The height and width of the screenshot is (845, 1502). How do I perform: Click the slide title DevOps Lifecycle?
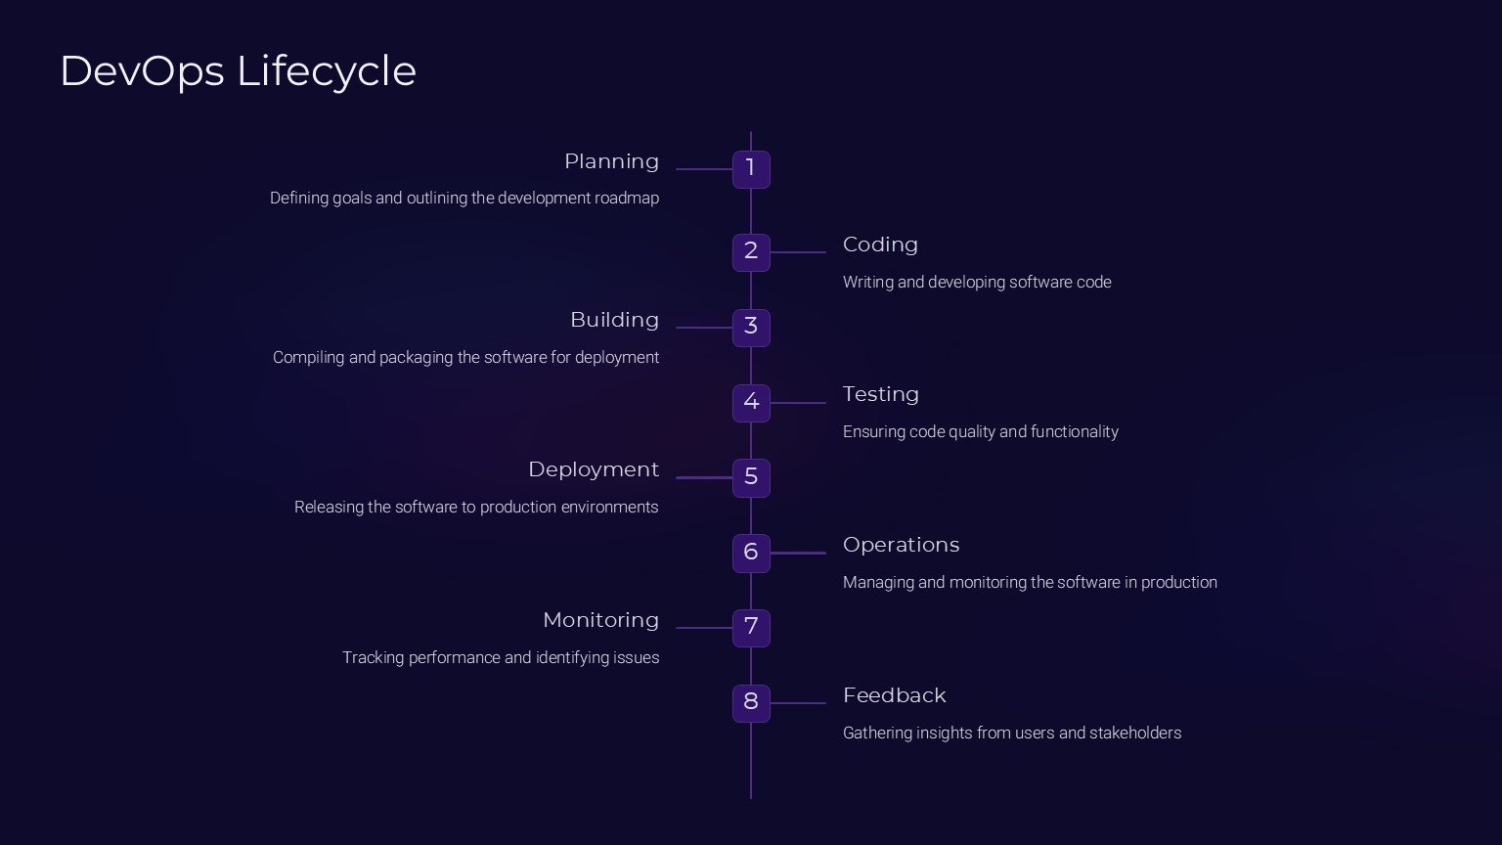click(x=238, y=71)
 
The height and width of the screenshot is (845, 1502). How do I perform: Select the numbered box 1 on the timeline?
click(x=751, y=169)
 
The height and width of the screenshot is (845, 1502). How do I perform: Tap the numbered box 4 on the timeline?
click(x=751, y=403)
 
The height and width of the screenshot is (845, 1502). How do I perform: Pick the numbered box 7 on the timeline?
click(x=751, y=628)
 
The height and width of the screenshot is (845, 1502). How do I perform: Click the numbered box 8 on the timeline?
click(x=751, y=703)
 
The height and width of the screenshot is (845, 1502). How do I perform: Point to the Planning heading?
click(x=611, y=162)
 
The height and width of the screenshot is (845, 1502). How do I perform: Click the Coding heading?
click(x=880, y=245)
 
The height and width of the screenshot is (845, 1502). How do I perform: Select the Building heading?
click(x=615, y=321)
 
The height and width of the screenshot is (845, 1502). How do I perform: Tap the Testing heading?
click(x=880, y=395)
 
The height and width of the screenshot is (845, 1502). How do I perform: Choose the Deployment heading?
click(x=594, y=470)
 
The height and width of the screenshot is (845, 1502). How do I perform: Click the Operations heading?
click(x=902, y=545)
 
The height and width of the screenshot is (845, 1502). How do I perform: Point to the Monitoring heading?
click(x=600, y=621)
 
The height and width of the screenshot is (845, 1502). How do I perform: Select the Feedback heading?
click(x=895, y=695)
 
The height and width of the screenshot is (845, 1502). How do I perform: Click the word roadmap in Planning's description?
click(x=626, y=200)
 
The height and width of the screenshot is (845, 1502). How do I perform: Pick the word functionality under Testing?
click(x=1075, y=432)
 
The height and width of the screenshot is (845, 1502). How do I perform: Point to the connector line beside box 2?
click(x=798, y=252)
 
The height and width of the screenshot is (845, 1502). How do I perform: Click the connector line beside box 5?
click(x=704, y=477)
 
